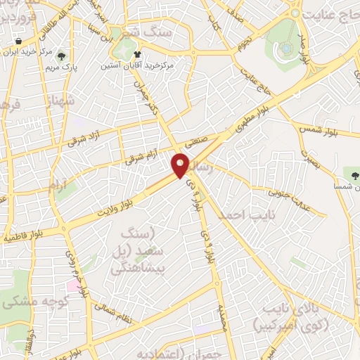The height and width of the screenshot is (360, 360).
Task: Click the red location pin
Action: pyautogui.click(x=181, y=165)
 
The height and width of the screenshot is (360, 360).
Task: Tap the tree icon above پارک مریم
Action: pyautogui.click(x=63, y=56)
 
